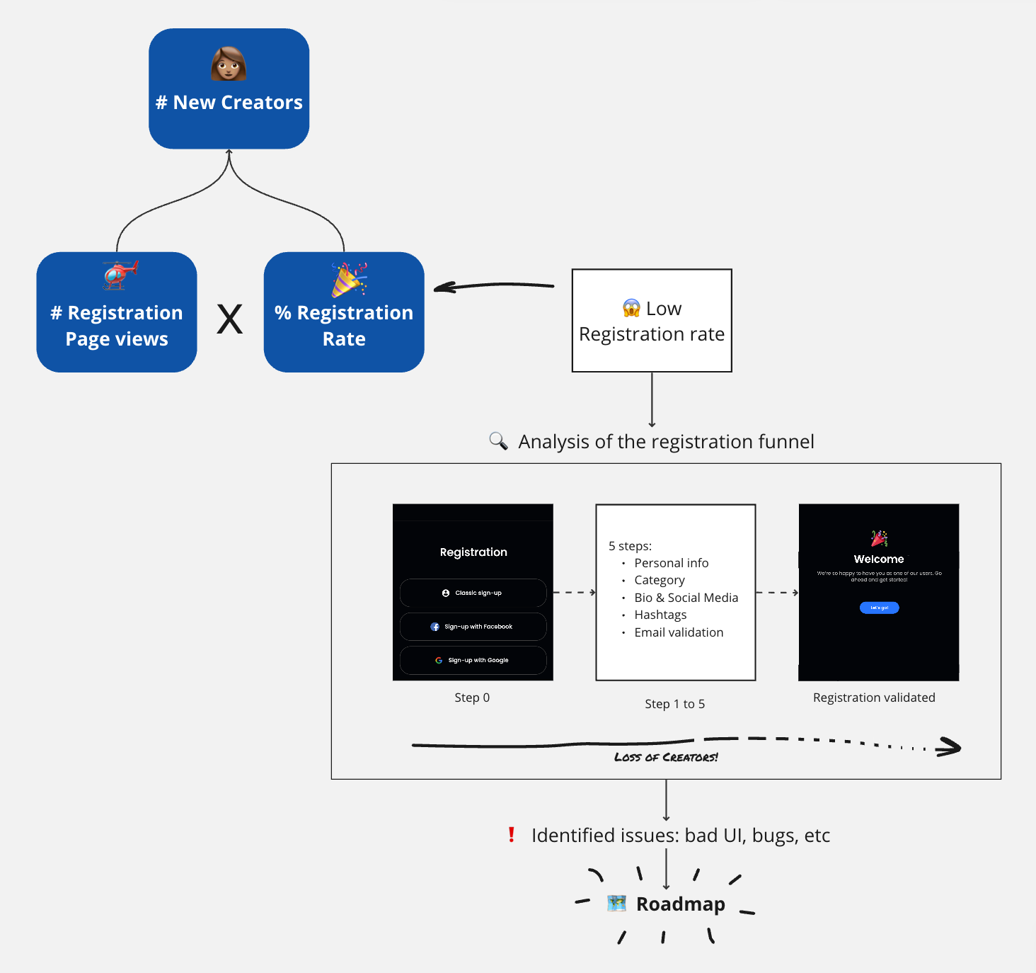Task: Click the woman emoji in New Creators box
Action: click(229, 64)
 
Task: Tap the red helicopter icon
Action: click(120, 275)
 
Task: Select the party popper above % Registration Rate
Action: click(349, 280)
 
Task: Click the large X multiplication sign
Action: click(229, 319)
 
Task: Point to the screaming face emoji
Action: click(631, 308)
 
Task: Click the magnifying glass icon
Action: click(498, 441)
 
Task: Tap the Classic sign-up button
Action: click(473, 593)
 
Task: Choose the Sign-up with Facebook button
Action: click(473, 627)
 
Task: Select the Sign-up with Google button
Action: click(473, 660)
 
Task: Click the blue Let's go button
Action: click(879, 608)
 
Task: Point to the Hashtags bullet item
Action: click(660, 615)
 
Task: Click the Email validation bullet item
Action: click(679, 632)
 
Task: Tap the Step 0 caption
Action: click(472, 698)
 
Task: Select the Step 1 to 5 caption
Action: click(674, 704)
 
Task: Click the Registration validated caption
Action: click(874, 698)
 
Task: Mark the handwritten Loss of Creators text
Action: click(666, 757)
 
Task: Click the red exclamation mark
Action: click(511, 835)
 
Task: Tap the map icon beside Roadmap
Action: click(617, 904)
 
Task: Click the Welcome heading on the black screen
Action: click(878, 559)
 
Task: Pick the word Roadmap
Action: click(680, 904)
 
